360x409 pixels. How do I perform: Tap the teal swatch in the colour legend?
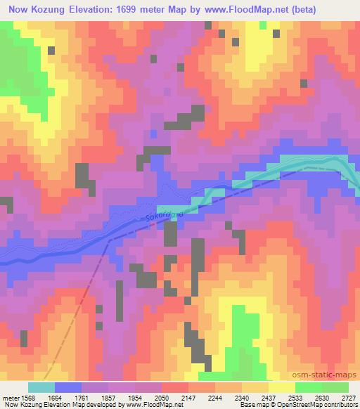click(41, 387)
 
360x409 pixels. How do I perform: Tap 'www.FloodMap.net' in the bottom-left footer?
click(148, 405)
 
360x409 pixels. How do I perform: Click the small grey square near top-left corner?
click(51, 50)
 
